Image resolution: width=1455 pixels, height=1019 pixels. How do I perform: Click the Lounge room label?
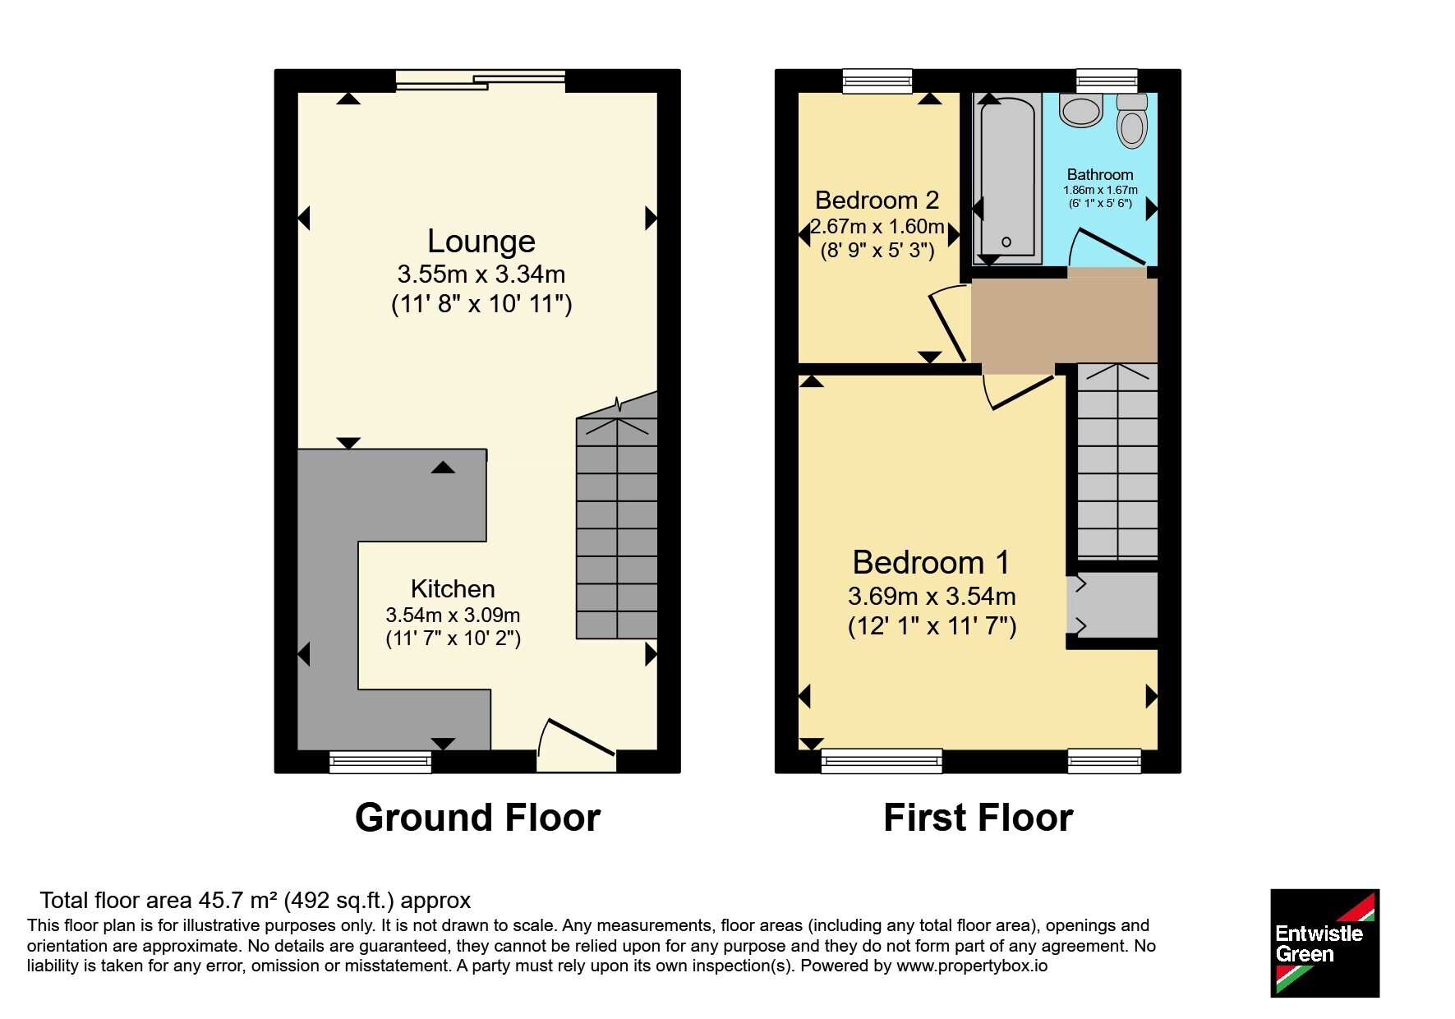(x=481, y=242)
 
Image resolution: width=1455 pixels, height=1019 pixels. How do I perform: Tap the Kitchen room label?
(x=453, y=589)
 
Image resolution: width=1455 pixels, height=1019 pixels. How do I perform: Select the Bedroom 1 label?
(x=931, y=563)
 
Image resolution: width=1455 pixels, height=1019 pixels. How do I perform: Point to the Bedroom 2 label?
(x=877, y=201)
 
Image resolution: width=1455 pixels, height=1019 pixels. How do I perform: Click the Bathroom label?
(x=1100, y=175)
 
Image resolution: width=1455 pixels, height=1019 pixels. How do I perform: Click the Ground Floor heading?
(x=477, y=818)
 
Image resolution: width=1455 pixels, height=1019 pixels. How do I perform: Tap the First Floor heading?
(x=978, y=818)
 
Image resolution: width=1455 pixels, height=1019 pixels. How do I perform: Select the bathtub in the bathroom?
(x=1007, y=178)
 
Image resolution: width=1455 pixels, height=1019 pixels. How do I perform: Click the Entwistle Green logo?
(x=1324, y=943)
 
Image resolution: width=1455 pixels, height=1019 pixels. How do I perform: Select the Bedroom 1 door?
(x=1019, y=391)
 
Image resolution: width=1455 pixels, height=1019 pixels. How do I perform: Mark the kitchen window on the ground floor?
(x=380, y=762)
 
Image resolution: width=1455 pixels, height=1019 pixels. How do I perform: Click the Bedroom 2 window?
(x=877, y=81)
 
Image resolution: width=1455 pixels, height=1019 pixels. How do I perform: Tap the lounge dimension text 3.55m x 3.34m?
(x=481, y=274)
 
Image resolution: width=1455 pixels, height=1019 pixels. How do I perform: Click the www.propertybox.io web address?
(x=972, y=966)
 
